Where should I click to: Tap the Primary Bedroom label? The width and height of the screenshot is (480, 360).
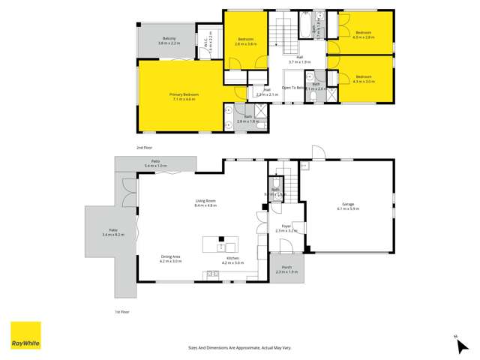tap(183, 96)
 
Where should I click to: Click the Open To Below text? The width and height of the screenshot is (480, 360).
tap(294, 88)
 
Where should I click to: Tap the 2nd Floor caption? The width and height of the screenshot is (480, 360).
tap(144, 148)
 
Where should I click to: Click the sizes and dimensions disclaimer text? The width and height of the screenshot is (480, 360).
tap(239, 347)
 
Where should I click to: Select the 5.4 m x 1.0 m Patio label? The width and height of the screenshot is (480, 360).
tap(155, 163)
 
